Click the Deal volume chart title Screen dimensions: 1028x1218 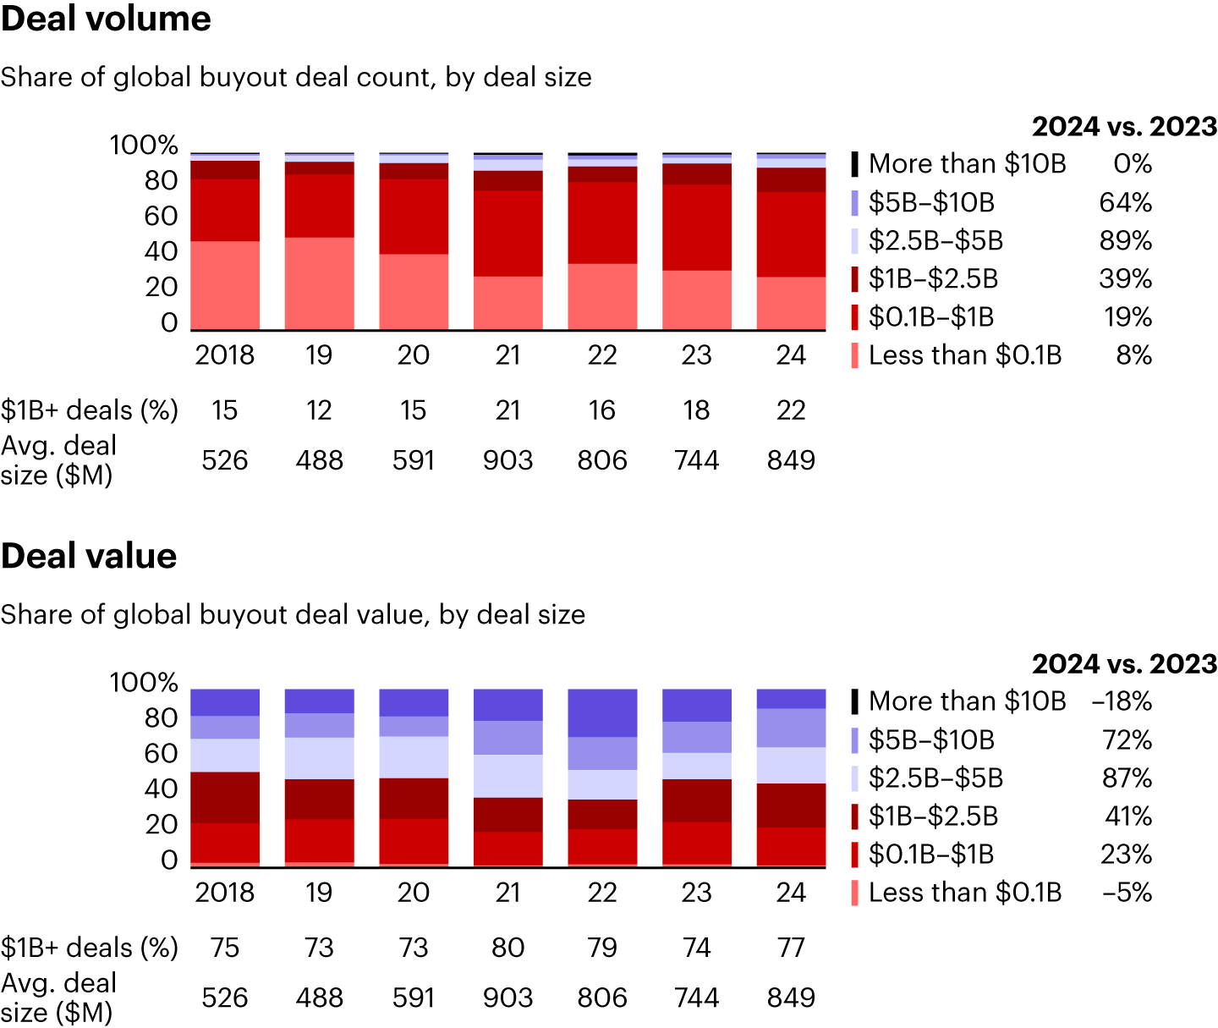point(106,19)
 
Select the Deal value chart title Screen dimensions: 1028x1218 point(89,556)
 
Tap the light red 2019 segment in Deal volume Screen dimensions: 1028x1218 point(319,283)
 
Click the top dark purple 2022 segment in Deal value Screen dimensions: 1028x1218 point(602,712)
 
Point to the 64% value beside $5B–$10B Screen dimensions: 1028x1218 point(1125,202)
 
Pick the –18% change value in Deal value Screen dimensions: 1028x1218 point(1122,701)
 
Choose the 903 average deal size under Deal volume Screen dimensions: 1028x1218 point(507,460)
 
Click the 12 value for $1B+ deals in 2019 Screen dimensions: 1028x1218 point(319,410)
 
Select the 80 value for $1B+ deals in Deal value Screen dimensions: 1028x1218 point(507,948)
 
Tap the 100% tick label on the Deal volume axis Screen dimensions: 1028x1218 point(144,146)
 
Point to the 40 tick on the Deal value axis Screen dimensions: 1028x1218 point(161,789)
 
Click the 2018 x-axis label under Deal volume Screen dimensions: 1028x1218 point(224,355)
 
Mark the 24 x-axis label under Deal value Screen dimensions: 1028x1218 point(791,893)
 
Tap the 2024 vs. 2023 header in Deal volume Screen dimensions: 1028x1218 point(1124,127)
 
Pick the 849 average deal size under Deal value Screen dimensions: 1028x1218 point(791,998)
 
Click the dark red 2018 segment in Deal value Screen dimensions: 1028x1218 point(225,797)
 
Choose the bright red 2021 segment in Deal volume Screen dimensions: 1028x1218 point(507,233)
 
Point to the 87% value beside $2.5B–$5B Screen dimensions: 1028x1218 point(1127,778)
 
